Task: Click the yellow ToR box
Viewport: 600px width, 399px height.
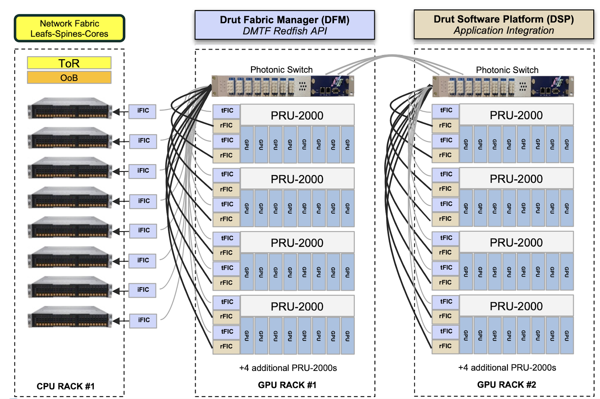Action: [x=69, y=63]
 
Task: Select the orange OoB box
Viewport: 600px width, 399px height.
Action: [x=69, y=78]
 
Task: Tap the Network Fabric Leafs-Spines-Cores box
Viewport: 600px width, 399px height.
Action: [x=70, y=28]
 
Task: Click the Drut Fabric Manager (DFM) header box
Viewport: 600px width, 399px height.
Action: [x=285, y=25]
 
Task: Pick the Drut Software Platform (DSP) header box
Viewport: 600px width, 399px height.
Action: [x=504, y=24]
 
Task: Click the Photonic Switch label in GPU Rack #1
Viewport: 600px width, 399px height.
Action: [x=281, y=70]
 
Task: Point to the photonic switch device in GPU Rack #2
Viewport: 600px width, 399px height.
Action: [x=503, y=86]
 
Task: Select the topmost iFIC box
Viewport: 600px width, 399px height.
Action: [x=142, y=111]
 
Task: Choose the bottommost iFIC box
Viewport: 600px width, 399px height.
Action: [x=143, y=321]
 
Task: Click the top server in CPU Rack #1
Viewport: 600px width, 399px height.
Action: [x=70, y=108]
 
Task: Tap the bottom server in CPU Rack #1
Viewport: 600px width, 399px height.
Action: [x=70, y=317]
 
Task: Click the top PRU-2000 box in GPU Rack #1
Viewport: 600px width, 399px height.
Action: [x=297, y=115]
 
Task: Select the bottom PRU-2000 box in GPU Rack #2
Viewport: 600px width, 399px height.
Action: [x=516, y=306]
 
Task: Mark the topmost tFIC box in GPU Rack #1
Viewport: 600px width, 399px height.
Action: [x=226, y=111]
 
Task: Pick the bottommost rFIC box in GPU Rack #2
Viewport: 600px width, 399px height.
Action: [x=445, y=346]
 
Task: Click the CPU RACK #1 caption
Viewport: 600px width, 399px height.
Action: [x=66, y=386]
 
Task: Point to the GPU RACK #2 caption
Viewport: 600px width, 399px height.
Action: [x=506, y=385]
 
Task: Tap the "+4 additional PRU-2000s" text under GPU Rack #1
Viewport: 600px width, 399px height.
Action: [x=288, y=368]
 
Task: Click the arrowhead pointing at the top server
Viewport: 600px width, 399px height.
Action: [x=116, y=112]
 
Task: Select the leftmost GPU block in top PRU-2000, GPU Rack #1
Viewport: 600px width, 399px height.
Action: [x=247, y=145]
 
